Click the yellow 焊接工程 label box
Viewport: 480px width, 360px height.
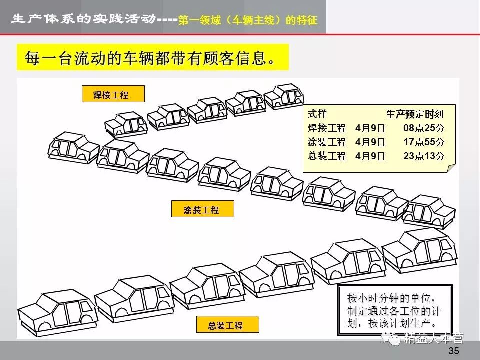point(113,94)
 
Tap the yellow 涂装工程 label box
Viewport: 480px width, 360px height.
point(202,209)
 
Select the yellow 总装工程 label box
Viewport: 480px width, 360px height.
point(228,325)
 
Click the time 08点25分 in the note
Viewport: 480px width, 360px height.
point(424,128)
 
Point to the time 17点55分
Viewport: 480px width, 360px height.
point(424,142)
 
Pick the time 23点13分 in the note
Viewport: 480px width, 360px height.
point(424,156)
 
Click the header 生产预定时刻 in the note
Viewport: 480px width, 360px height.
point(415,114)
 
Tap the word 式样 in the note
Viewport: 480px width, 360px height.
point(317,114)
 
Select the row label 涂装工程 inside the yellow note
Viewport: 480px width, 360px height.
point(327,142)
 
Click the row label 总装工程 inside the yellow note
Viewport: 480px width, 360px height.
point(327,156)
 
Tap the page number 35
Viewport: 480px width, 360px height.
point(454,351)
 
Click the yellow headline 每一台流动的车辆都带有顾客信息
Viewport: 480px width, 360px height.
point(153,59)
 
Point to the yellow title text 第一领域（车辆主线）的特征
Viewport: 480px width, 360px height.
point(247,22)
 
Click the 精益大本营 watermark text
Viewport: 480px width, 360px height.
point(434,339)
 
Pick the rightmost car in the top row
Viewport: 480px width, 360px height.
point(284,96)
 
